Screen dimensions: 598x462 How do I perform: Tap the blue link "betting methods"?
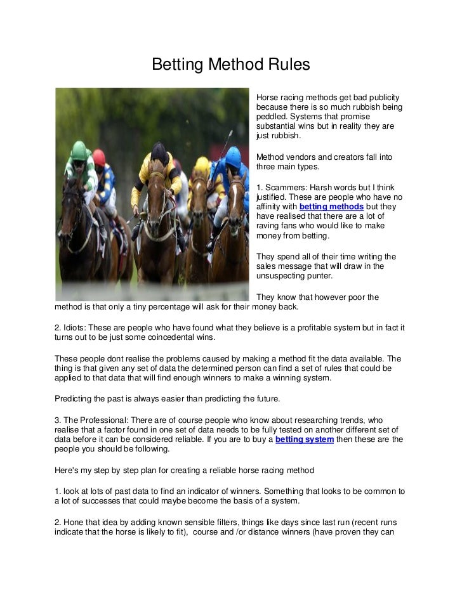point(331,207)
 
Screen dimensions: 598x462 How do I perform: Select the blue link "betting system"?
point(305,439)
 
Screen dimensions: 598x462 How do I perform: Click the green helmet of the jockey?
point(79,150)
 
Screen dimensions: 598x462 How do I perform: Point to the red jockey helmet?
point(99,157)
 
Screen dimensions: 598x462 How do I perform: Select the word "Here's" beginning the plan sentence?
point(69,471)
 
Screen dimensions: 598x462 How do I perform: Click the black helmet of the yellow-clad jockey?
point(159,152)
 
